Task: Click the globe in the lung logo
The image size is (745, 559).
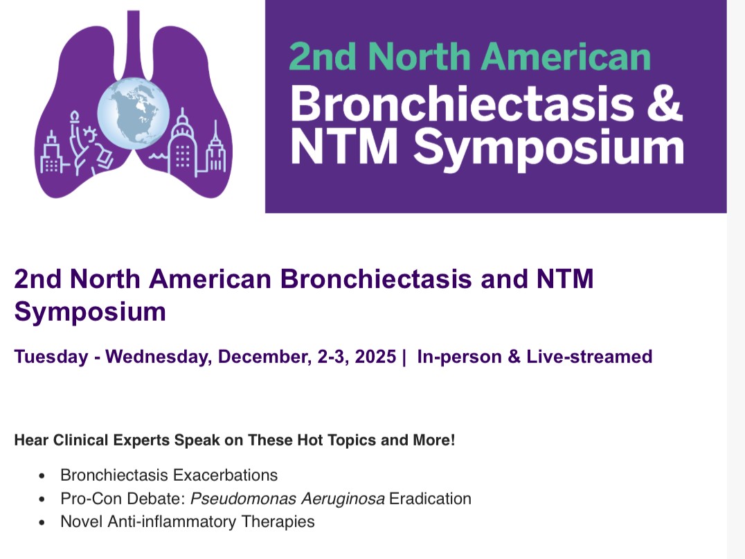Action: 133,112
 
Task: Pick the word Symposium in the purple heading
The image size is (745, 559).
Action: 90,312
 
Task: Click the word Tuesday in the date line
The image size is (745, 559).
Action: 51,357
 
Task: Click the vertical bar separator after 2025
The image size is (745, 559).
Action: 404,357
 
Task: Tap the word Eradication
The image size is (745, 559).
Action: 430,498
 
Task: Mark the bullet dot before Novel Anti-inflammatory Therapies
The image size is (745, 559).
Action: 43,522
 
